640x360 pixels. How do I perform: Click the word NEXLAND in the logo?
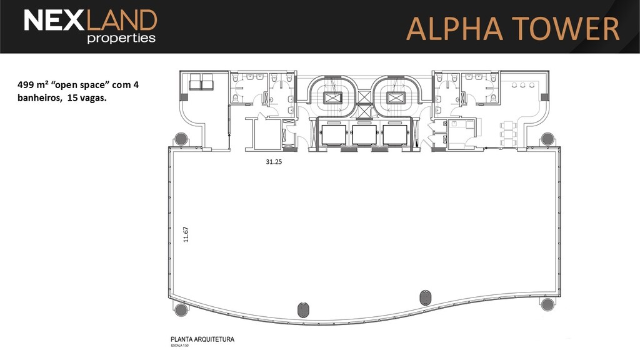coord(90,20)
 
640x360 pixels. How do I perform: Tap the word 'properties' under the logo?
coord(121,38)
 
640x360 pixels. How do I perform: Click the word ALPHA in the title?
coord(454,29)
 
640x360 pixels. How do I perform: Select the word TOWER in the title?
coord(566,29)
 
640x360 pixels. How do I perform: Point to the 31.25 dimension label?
coord(274,162)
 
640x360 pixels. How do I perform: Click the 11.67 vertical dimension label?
coord(186,235)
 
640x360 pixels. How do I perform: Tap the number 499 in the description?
coord(26,85)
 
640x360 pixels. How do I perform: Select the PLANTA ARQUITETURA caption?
coord(202,339)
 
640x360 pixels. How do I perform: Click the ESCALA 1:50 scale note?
coord(179,346)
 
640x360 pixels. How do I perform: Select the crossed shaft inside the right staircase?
coord(395,98)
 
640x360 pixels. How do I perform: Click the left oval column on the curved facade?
coord(303,310)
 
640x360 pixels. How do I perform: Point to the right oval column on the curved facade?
coord(425,297)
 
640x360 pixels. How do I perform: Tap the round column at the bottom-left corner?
coord(181,309)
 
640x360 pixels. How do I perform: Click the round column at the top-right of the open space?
coord(547,139)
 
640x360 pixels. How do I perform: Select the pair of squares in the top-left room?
coord(201,82)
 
